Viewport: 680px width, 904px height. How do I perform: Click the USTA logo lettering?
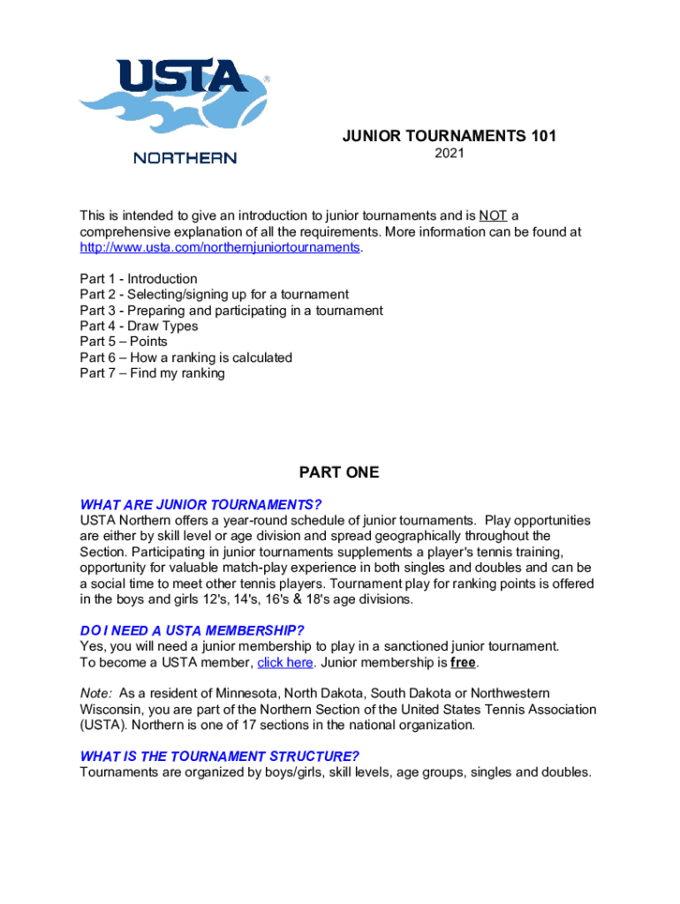[183, 78]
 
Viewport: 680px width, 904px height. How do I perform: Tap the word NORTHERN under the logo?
[185, 158]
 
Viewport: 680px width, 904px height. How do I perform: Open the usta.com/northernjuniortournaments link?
[220, 247]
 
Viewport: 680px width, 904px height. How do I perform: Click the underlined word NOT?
[493, 215]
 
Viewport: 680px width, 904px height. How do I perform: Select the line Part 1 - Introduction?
[139, 279]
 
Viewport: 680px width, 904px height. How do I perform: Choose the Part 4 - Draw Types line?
[139, 326]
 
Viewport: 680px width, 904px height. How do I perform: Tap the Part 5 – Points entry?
[124, 342]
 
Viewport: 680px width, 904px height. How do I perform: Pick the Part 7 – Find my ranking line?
[152, 373]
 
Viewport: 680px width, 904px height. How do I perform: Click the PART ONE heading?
[339, 472]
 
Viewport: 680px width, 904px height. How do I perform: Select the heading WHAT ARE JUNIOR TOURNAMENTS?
[200, 505]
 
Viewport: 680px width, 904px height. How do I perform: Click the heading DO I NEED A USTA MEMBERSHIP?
[192, 630]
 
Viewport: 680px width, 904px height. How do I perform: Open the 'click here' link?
[285, 662]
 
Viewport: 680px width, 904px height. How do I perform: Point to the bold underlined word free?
[463, 662]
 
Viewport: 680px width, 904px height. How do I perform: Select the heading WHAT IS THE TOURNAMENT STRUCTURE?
[219, 757]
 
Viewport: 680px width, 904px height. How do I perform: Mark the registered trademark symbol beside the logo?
[267, 79]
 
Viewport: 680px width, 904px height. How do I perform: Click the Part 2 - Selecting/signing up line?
[214, 294]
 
